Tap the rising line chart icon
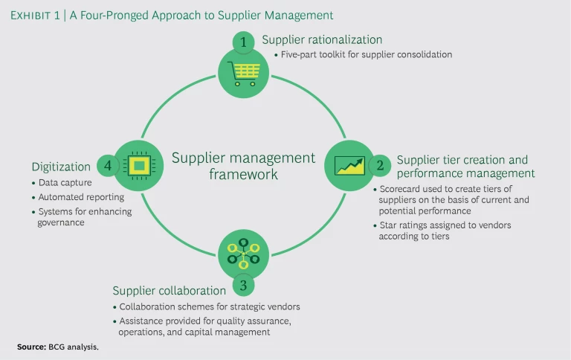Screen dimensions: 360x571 349,164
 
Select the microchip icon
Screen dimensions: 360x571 138,164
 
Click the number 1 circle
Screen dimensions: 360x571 243,42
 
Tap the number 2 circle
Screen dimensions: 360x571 381,164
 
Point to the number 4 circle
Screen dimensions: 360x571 108,165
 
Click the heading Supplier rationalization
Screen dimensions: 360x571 322,39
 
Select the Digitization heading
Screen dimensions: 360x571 61,167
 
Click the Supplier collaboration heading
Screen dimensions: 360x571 169,290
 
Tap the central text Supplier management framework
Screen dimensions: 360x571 243,166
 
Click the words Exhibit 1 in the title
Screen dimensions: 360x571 38,15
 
